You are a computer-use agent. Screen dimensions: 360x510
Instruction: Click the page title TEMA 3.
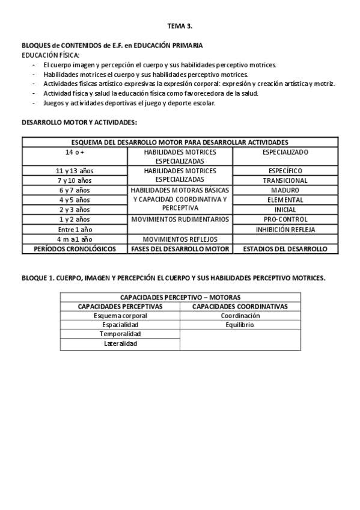(x=180, y=26)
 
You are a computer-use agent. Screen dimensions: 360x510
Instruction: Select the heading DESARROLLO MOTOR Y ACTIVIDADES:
(x=79, y=122)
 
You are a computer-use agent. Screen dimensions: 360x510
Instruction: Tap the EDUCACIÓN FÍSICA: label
(x=50, y=55)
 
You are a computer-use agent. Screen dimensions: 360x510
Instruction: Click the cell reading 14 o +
(x=75, y=153)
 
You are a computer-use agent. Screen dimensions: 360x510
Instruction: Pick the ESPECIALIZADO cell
(x=285, y=153)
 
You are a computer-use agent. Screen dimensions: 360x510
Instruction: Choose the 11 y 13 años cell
(x=75, y=171)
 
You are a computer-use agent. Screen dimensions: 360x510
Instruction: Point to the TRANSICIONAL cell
(x=285, y=180)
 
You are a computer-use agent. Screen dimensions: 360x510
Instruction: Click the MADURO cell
(x=285, y=190)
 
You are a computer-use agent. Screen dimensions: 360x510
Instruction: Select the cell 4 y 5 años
(x=75, y=200)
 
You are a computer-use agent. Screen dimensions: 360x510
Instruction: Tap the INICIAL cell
(x=285, y=209)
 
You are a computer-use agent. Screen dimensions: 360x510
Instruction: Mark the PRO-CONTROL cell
(x=285, y=219)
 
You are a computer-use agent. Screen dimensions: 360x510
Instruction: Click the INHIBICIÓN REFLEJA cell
(x=285, y=229)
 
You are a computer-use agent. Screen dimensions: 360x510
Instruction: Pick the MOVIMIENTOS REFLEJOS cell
(x=180, y=239)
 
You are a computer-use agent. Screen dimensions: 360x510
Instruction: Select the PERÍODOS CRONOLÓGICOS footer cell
(x=75, y=248)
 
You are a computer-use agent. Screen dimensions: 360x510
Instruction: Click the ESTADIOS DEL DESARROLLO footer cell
(x=285, y=248)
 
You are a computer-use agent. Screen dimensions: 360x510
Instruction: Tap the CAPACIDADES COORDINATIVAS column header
(x=240, y=306)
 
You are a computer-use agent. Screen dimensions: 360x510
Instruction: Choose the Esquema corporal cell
(x=120, y=316)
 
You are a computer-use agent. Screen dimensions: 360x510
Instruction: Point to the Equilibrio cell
(x=240, y=325)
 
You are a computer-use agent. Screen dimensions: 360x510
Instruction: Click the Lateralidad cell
(x=120, y=343)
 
